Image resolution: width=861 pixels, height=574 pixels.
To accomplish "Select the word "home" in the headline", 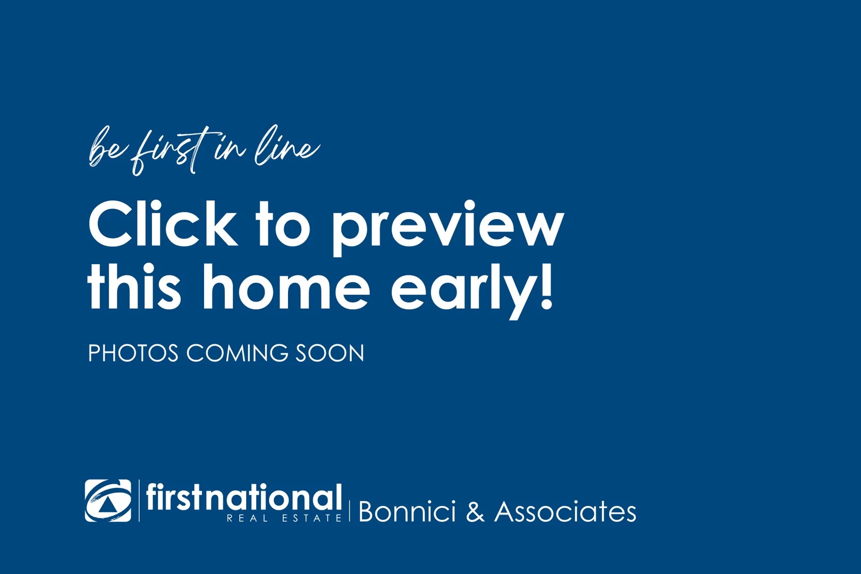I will click(x=285, y=287).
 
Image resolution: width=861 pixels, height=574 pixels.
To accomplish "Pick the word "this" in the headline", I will click(x=134, y=287).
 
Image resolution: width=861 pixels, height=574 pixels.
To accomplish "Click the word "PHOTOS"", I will click(x=133, y=353).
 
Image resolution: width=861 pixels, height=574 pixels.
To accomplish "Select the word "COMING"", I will click(x=237, y=353).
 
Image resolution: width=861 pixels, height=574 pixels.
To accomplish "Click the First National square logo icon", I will click(x=108, y=501).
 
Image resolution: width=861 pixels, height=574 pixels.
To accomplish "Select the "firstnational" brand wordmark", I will click(x=243, y=497).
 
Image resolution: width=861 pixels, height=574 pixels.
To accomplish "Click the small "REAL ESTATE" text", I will click(x=284, y=518).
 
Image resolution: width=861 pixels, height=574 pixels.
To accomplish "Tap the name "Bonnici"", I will click(x=407, y=512).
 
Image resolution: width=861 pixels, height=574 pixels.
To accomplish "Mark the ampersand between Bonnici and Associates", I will click(x=475, y=512).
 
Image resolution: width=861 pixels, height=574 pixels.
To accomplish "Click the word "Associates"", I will click(x=565, y=512).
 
